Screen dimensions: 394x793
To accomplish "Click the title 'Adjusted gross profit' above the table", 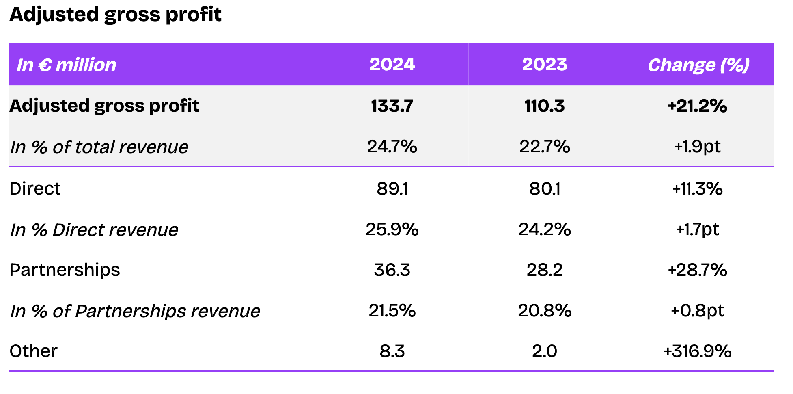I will tap(115, 15).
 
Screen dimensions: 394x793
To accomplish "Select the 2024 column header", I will tap(392, 65).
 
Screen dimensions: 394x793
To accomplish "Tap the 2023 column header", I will tap(545, 65).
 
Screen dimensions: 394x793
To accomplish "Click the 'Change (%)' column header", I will tap(698, 65).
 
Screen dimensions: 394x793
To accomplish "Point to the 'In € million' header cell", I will tap(67, 65).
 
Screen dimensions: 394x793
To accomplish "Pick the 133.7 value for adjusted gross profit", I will tap(392, 106).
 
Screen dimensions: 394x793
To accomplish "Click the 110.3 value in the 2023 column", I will tap(545, 106).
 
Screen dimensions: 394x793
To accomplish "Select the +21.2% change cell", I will tap(697, 106).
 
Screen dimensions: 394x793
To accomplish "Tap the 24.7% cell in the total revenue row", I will tap(392, 147).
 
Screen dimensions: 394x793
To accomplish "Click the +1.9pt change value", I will tap(697, 147).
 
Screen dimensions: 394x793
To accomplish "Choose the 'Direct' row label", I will tap(35, 189).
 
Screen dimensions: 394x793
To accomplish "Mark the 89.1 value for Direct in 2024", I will tap(392, 189).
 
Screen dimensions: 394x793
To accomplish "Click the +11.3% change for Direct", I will tap(697, 189).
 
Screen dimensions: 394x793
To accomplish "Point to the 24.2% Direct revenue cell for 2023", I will tap(545, 229).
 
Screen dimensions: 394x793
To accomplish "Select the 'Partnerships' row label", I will tap(65, 270).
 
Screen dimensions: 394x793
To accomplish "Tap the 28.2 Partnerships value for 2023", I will tap(545, 270).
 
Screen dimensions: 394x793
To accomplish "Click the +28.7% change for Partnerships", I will tap(697, 270).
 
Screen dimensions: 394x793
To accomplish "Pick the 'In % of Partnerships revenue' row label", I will tap(135, 311).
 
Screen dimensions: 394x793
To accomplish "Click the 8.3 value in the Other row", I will tap(392, 351).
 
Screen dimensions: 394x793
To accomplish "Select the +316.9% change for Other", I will tap(697, 351).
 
